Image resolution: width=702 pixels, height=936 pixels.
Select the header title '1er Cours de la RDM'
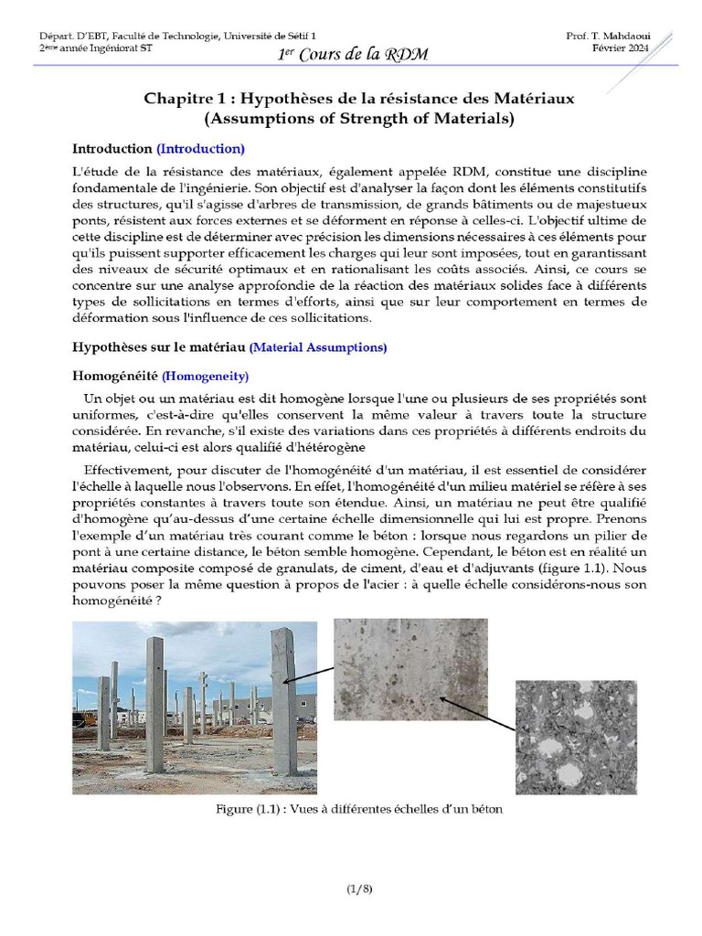(x=353, y=54)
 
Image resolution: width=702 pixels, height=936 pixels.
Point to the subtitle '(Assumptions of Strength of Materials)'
(x=359, y=118)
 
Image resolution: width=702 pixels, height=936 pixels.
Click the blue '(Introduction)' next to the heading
(x=200, y=148)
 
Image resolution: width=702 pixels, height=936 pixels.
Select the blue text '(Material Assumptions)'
(x=318, y=347)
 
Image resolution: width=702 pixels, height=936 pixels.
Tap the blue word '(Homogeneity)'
(x=205, y=376)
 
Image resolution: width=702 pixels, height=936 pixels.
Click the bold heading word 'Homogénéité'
(x=115, y=376)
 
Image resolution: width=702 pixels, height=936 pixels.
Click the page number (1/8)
(x=359, y=888)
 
